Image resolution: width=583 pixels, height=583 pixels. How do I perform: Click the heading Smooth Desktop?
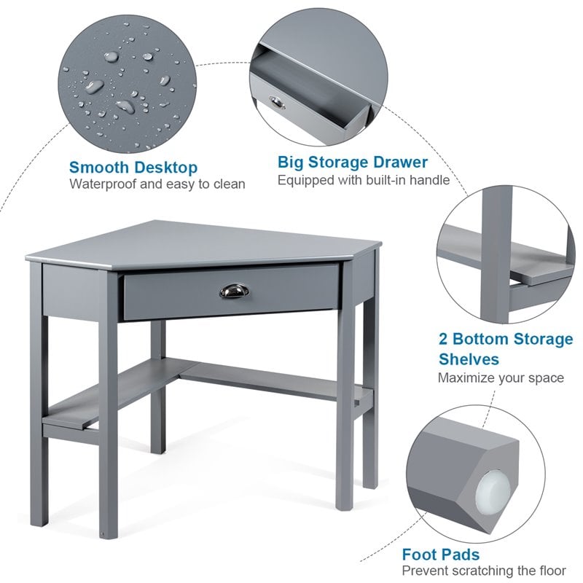(133, 168)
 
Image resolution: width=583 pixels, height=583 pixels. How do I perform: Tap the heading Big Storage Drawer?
(353, 162)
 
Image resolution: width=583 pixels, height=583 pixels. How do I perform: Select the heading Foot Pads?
(441, 555)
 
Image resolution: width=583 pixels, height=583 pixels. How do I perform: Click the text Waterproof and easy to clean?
(157, 184)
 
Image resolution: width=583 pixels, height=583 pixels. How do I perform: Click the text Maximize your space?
(501, 377)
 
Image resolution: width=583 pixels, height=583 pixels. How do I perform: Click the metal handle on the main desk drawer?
(232, 291)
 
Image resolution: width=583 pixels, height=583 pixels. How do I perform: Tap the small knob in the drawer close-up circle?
(278, 102)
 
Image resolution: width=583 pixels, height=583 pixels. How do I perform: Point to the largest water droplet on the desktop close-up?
(95, 87)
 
